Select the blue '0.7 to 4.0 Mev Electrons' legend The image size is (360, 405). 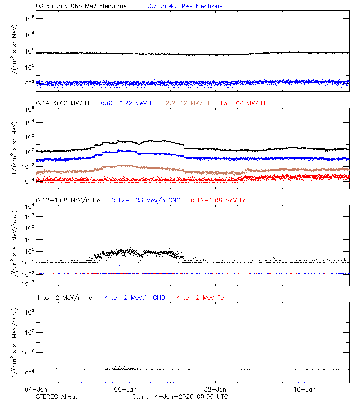pos(185,6)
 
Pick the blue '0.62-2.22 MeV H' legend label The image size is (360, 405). pos(127,103)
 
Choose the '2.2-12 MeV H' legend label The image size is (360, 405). pos(188,103)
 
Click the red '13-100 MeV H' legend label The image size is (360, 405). pos(243,103)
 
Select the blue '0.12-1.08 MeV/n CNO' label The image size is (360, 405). pos(146,200)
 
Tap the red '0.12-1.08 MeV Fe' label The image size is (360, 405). pos(219,200)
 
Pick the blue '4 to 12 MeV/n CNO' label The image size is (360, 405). pos(135,297)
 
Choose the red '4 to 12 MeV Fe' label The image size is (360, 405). pos(200,297)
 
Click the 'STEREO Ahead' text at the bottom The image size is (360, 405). pos(57,396)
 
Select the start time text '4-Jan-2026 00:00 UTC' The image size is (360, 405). pos(191,396)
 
